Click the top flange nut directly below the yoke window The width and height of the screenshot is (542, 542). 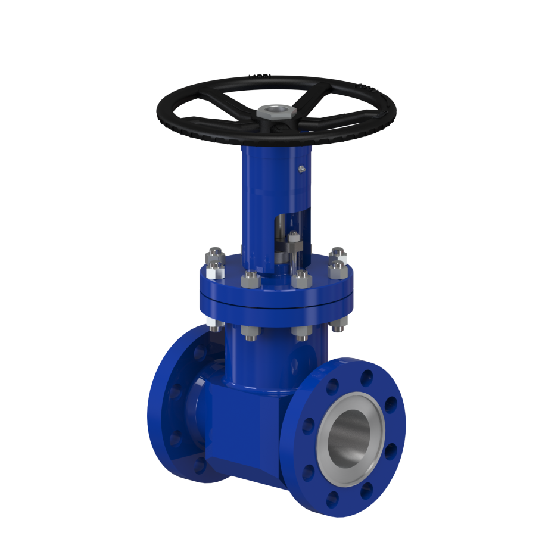[x=301, y=278]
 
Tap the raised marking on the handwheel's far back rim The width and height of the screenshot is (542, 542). [x=260, y=76]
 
